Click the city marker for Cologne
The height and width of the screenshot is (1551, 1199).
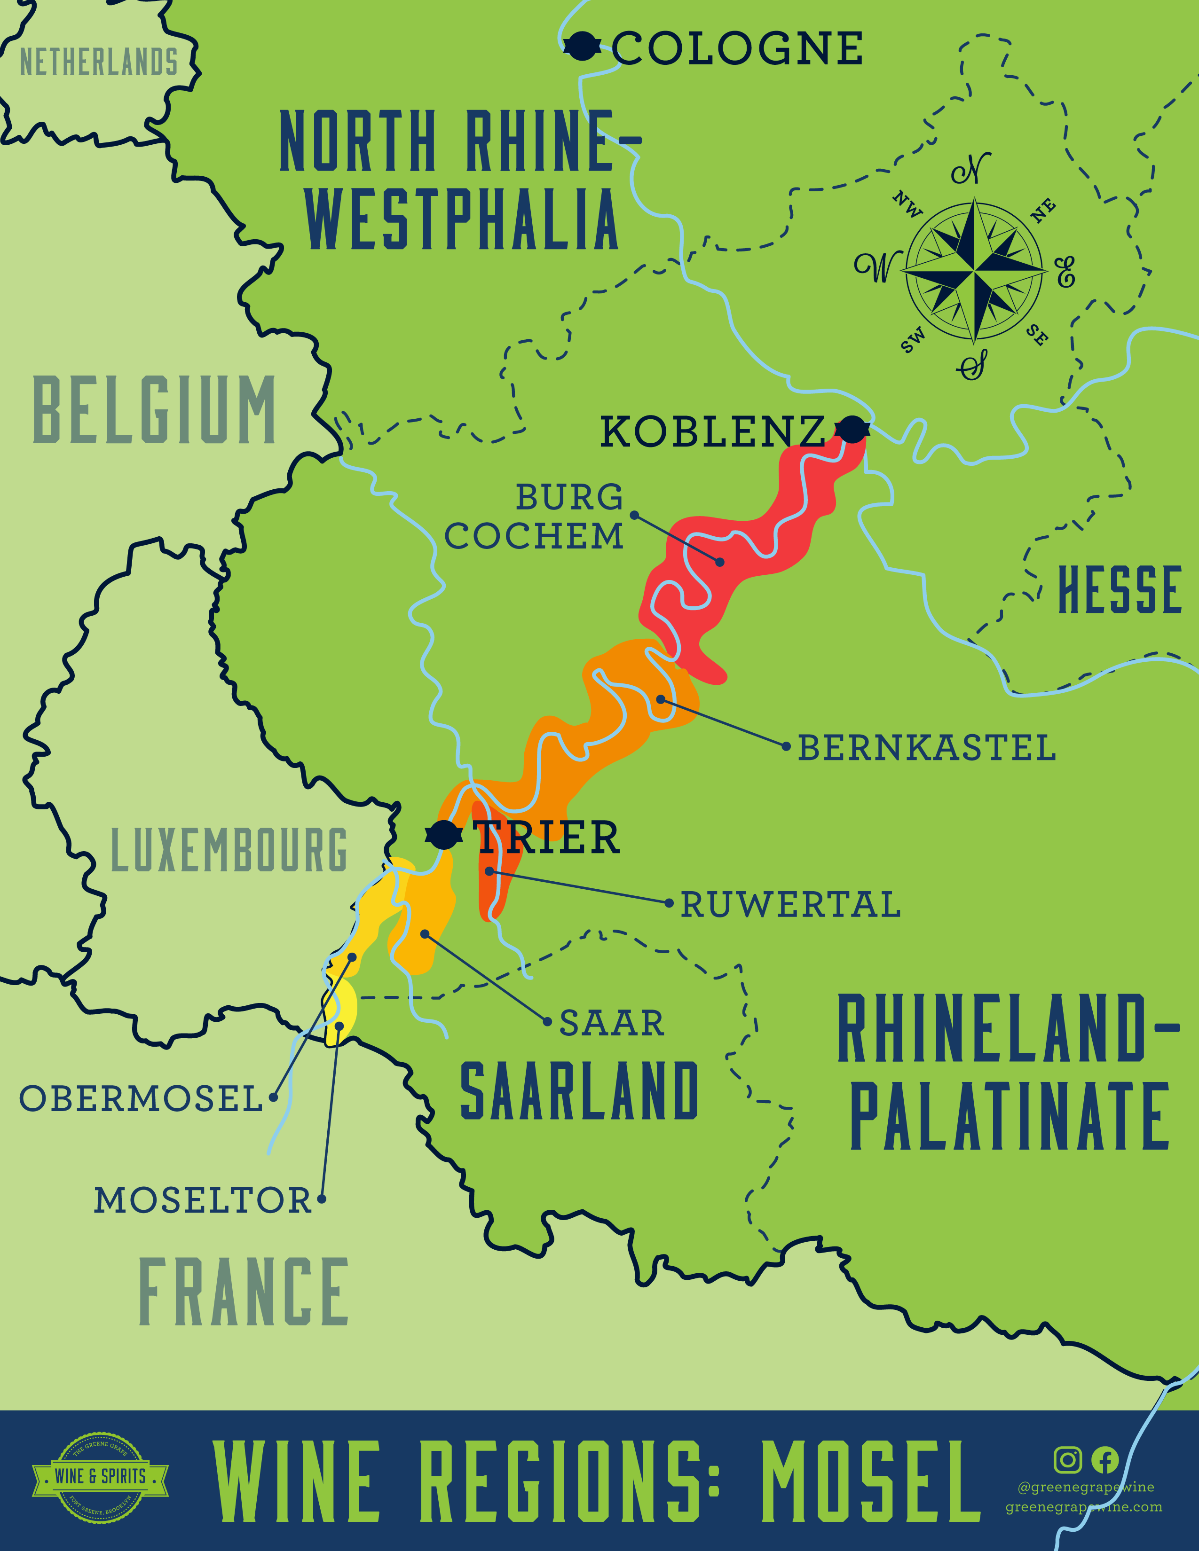[583, 47]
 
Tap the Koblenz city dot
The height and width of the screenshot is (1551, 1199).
[852, 429]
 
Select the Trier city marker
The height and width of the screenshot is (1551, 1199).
[444, 834]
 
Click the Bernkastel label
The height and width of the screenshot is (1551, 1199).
[926, 748]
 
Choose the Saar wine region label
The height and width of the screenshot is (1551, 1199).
[612, 1023]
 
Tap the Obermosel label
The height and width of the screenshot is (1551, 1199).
[141, 1099]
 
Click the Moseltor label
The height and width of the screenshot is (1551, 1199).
[203, 1200]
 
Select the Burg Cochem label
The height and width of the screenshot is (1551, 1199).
[534, 517]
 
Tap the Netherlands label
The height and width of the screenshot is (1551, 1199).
[99, 63]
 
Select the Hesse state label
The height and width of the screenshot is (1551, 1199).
[1120, 590]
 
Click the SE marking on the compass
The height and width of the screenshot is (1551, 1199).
[1037, 335]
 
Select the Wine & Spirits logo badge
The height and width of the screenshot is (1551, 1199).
[100, 1477]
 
